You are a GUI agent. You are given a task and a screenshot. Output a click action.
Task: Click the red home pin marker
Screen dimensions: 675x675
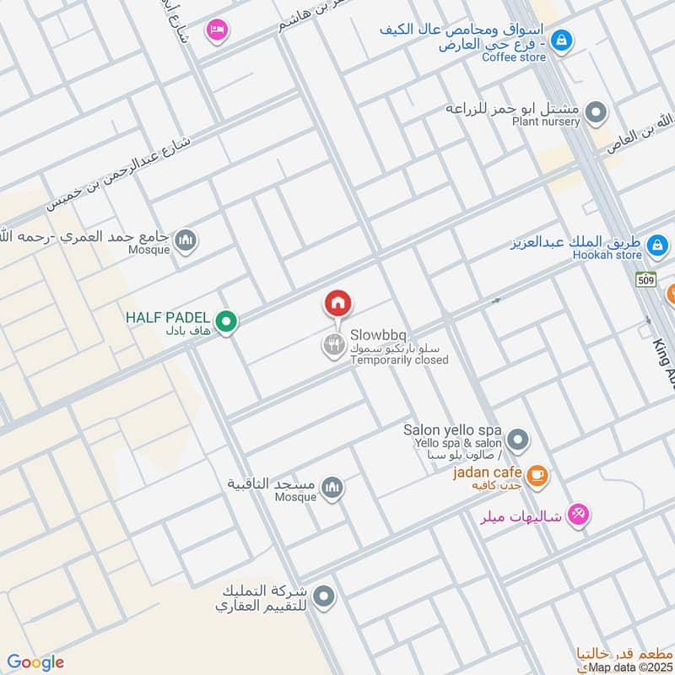337,303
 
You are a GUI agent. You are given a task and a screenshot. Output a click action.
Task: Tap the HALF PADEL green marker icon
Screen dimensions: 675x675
225,321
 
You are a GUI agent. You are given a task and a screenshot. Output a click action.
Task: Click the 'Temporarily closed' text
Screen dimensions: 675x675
399,360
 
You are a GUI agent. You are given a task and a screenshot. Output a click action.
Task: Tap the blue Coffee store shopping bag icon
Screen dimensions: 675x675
561,39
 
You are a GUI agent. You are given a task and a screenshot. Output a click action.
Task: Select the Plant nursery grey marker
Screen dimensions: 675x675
597,111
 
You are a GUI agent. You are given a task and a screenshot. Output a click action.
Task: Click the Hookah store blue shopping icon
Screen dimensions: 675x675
656,246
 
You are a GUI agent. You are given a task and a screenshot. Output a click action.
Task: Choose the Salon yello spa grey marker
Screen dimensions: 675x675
518,440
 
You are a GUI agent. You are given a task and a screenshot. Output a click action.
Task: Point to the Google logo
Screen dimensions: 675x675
35,662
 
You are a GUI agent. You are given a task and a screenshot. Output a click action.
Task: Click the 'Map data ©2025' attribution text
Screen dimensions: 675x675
629,667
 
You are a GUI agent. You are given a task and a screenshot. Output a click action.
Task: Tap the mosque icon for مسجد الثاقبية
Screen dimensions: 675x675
333,487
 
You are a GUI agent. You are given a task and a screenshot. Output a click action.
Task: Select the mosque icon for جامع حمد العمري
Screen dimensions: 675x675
186,240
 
